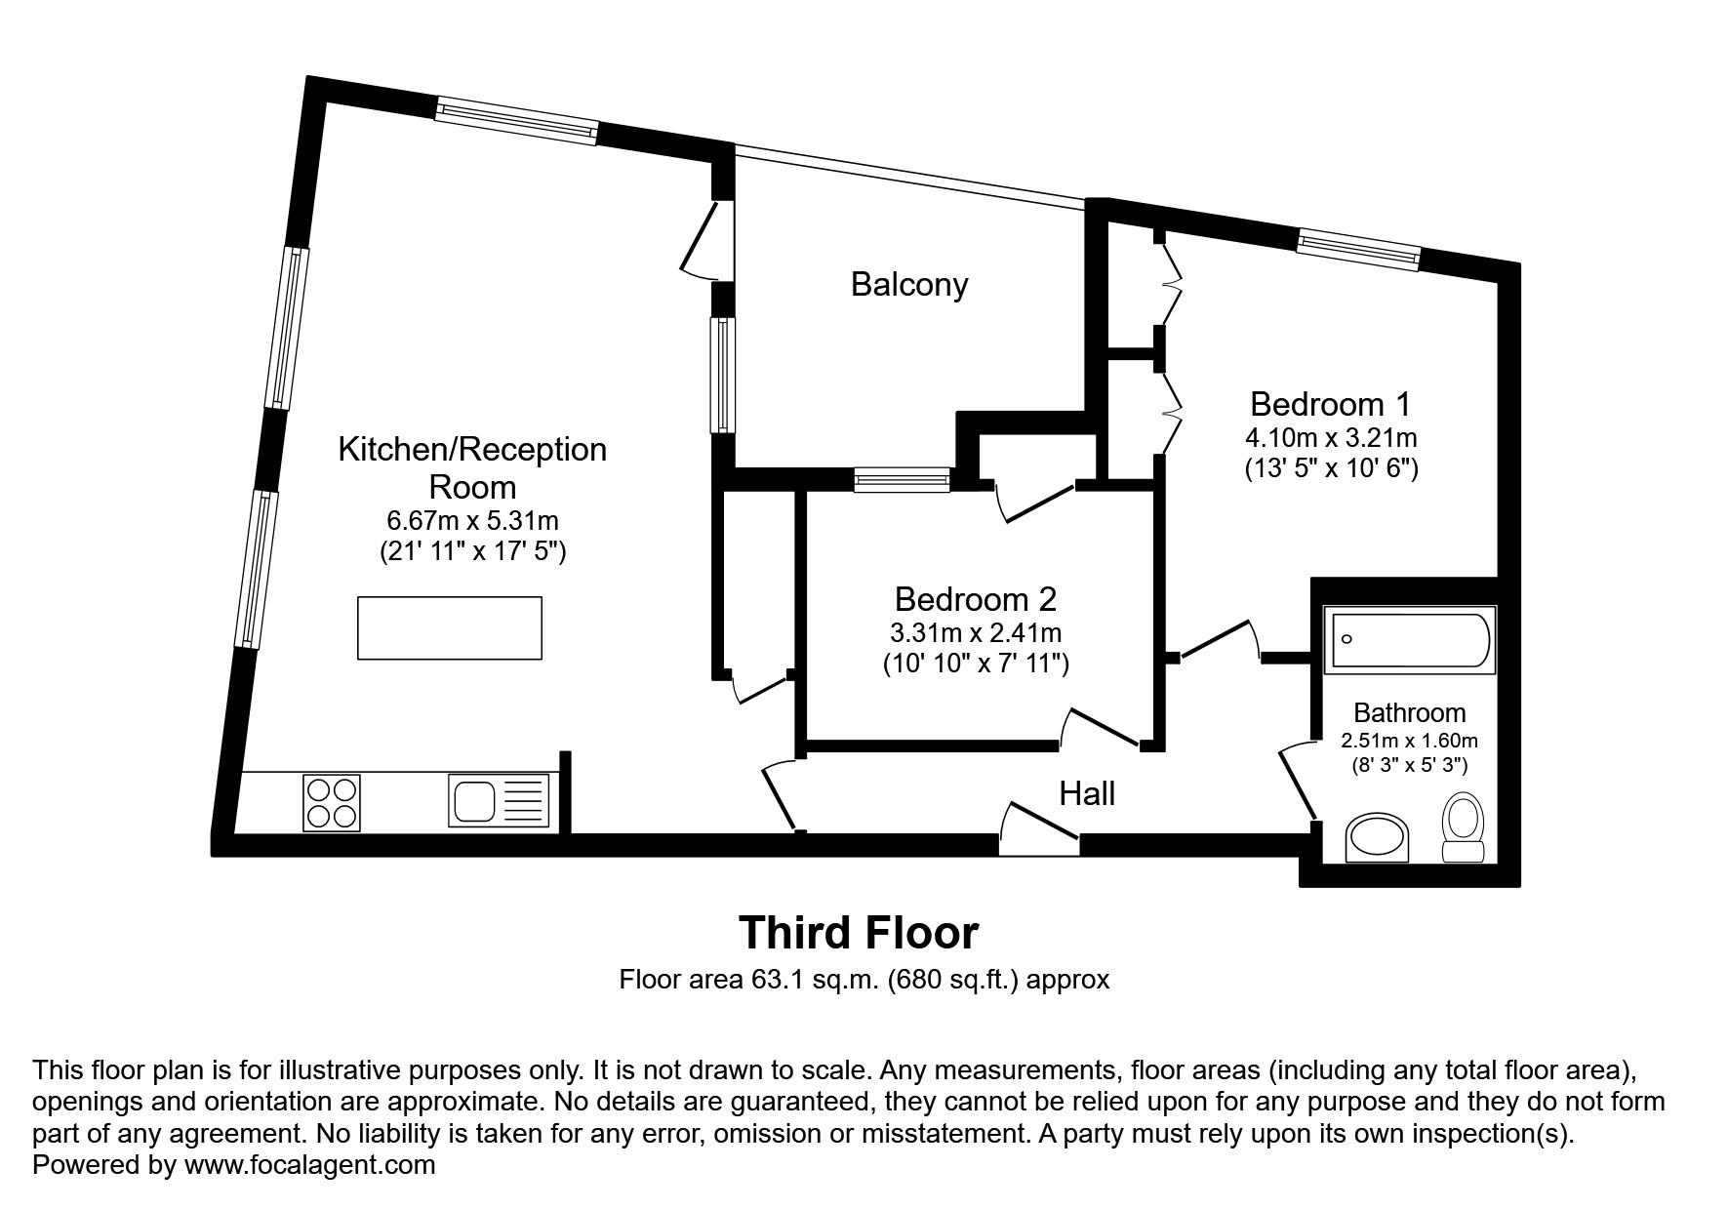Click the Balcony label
coord(908,285)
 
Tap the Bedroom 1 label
coord(1330,404)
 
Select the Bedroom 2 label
coord(975,598)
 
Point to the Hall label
coord(1087,794)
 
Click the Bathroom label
coord(1409,713)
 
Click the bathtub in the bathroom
coord(1408,641)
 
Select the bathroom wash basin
coord(1377,838)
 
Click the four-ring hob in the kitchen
coord(332,802)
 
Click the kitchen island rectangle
coord(450,627)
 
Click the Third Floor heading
coord(858,933)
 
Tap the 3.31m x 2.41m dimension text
coord(975,632)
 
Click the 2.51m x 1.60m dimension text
coord(1409,741)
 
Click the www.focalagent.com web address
coord(309,1164)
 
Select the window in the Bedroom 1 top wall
coord(1357,249)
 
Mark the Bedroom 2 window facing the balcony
coord(902,478)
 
